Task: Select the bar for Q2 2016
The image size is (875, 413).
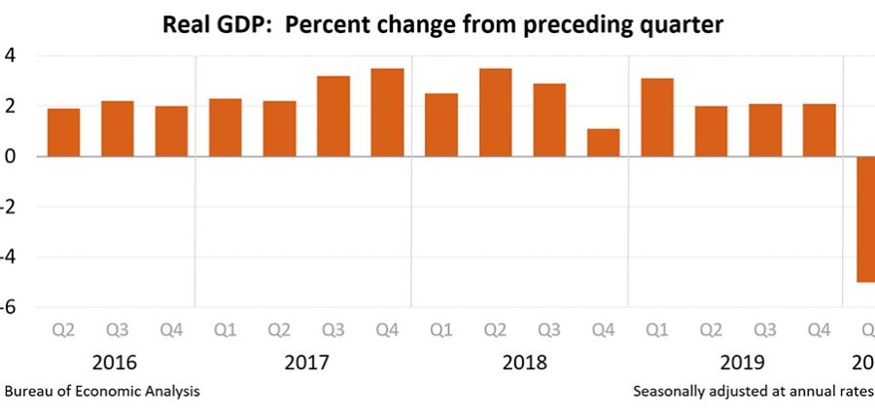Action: [63, 132]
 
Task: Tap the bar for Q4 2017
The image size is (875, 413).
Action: [387, 113]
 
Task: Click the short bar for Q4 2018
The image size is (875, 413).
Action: [603, 143]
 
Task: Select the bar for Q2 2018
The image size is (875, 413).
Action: [495, 113]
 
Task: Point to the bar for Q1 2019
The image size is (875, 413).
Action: [657, 118]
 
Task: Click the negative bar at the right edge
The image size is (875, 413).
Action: [865, 219]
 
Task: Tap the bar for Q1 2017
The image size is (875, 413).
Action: [226, 127]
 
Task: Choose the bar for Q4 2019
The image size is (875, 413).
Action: [820, 130]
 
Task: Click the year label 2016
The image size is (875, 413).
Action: [116, 362]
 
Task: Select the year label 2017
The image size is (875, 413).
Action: [307, 362]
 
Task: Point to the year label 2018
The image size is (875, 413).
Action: [525, 362]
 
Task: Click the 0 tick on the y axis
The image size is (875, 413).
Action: [9, 156]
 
